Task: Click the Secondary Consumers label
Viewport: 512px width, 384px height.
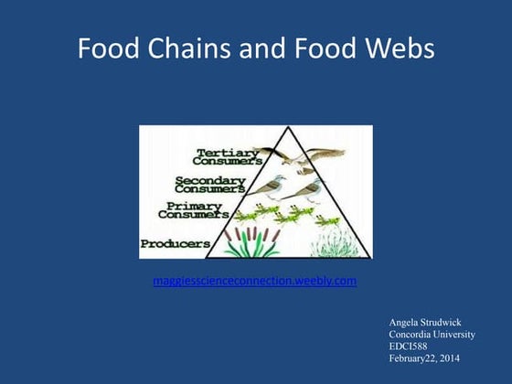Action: (x=209, y=185)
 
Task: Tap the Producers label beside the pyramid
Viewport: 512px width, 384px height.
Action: (x=176, y=243)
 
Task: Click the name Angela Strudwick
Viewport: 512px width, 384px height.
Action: (x=426, y=324)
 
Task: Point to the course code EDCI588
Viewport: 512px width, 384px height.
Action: (x=411, y=347)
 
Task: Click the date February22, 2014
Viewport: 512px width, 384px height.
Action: (x=424, y=359)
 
